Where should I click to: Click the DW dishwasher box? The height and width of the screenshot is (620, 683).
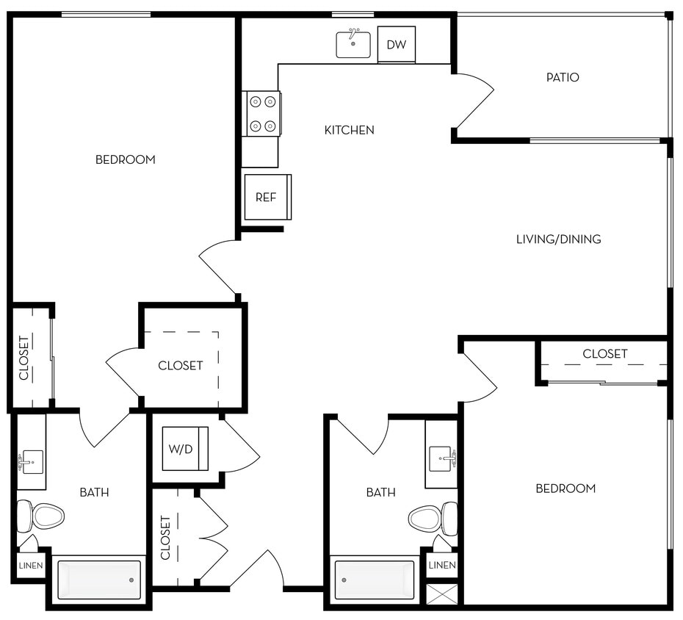coord(397,45)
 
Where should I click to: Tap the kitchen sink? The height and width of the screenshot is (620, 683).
coord(353,44)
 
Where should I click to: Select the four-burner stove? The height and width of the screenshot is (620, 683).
coord(262,114)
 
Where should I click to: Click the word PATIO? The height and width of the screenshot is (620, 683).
coord(563,77)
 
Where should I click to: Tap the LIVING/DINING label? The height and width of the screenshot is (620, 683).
coord(558,239)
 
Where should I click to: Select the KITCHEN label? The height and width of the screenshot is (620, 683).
coord(350,130)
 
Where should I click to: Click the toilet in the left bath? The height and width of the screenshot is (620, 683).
coord(42,516)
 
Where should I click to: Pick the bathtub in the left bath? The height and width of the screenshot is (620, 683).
coord(98,580)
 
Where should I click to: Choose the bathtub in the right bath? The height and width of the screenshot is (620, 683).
coord(375,580)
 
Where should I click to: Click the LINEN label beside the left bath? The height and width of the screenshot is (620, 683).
coord(31,566)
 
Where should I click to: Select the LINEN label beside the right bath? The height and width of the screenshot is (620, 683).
coord(441,565)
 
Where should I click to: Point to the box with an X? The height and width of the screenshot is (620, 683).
coord(441,593)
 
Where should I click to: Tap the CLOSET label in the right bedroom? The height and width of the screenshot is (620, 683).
coord(605,354)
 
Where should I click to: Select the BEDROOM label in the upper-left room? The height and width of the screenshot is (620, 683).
coord(126,159)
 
